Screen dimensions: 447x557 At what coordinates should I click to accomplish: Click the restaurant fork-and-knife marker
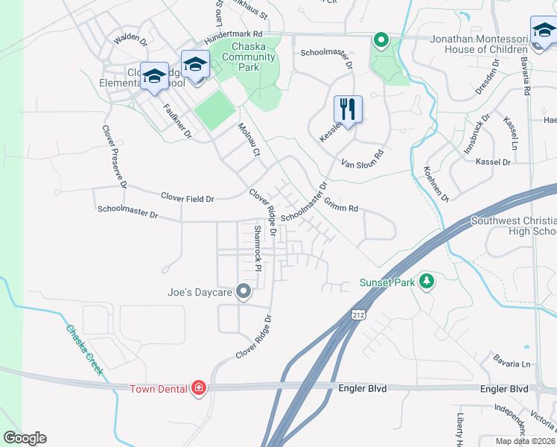point(348,109)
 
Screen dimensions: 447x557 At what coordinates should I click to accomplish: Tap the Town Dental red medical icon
point(198,387)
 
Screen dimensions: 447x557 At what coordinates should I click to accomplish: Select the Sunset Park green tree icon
point(427,282)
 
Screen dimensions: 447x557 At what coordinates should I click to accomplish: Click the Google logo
point(25,438)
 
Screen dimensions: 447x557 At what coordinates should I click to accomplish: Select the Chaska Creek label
point(83,350)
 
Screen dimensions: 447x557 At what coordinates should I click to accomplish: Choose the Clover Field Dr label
point(188,198)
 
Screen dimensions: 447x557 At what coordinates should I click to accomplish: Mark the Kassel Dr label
point(493,162)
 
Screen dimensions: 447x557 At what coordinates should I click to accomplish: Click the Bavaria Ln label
point(512,364)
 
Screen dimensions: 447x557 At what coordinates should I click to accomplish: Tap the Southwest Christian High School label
point(514,226)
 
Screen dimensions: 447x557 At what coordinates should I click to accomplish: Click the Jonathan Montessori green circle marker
point(381,39)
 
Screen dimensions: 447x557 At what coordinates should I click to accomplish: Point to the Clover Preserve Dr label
point(115,156)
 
